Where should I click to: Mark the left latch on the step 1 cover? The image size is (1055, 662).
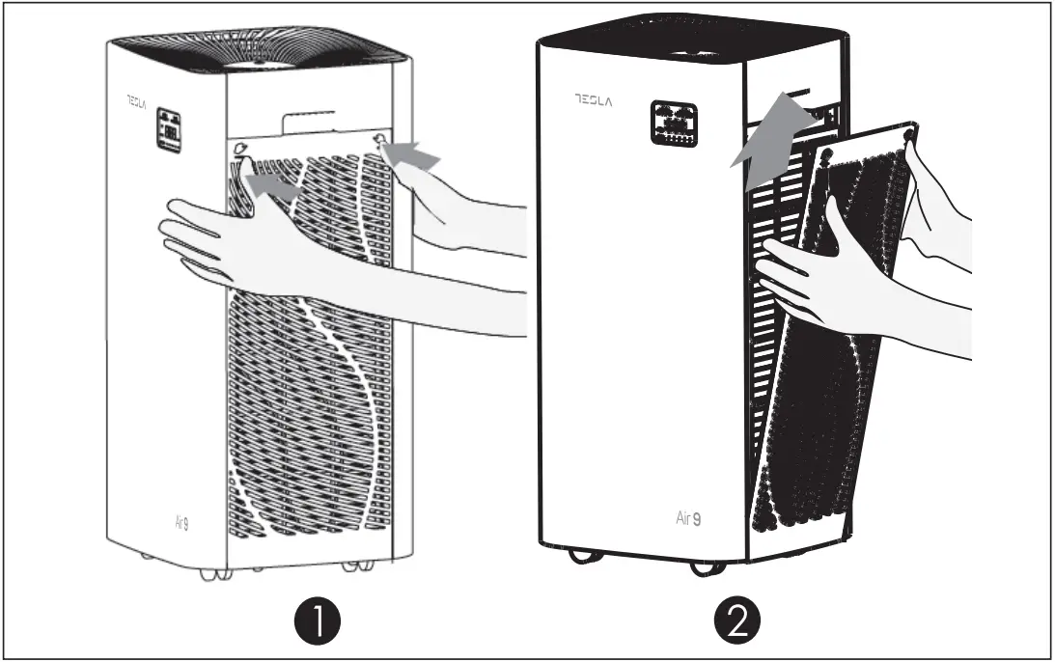click(x=237, y=149)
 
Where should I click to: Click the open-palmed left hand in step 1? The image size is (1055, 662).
click(x=222, y=241)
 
